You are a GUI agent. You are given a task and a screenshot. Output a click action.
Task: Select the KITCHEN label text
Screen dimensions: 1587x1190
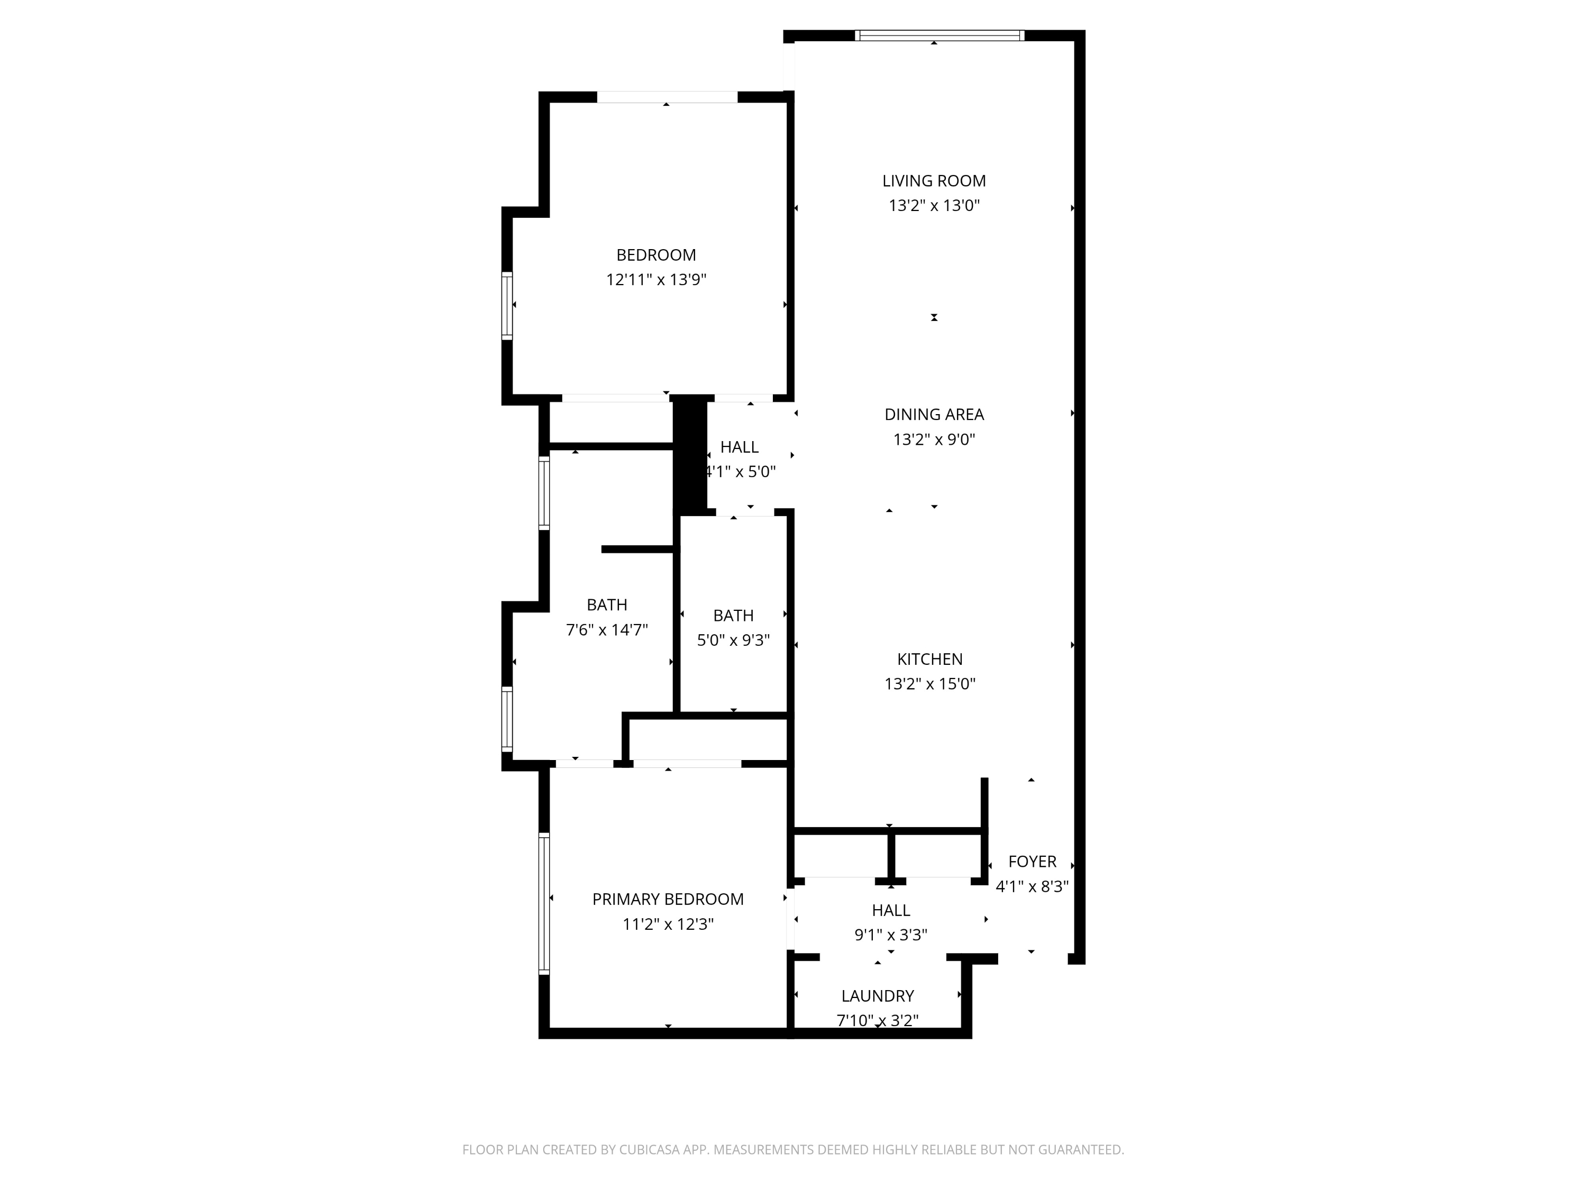(x=930, y=659)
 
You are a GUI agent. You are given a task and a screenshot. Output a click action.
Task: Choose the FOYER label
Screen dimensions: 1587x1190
(x=1033, y=862)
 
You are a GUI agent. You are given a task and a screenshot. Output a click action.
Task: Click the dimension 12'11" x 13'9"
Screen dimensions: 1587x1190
(x=656, y=280)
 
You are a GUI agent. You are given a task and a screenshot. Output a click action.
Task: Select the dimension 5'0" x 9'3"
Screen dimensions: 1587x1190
(x=733, y=640)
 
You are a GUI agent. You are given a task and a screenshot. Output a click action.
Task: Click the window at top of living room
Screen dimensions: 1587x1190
(x=939, y=35)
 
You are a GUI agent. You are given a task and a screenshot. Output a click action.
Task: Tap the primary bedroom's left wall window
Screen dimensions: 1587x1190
(x=544, y=904)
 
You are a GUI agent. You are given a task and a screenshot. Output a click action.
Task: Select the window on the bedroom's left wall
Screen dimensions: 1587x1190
(x=507, y=306)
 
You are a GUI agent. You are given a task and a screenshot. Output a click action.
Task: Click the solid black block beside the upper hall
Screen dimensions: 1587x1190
(x=689, y=455)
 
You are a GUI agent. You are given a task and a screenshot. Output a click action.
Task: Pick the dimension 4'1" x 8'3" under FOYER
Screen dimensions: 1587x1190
(x=1033, y=886)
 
